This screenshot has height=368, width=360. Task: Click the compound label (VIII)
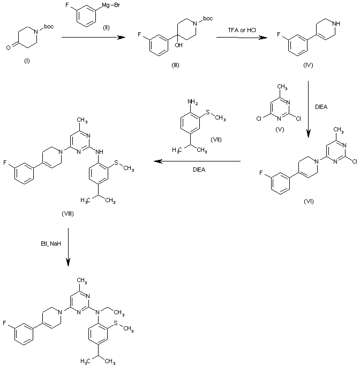pyautogui.click(x=67, y=214)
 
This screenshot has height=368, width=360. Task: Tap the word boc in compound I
pyautogui.click(x=49, y=25)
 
